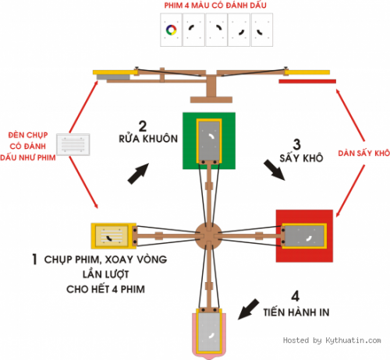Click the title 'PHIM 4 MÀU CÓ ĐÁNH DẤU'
[x=215, y=5]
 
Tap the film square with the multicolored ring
[x=171, y=30]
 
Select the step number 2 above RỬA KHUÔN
[x=143, y=126]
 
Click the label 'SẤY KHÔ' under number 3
[x=301, y=157]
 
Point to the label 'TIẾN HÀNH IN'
[x=296, y=312]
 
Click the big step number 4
[x=296, y=296]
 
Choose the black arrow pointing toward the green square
[x=138, y=174]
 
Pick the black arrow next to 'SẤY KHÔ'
[x=275, y=170]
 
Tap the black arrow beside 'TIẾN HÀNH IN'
[x=249, y=309]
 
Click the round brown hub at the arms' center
[x=208, y=236]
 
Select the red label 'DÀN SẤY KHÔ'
[x=363, y=154]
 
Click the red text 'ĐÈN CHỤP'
[x=28, y=135]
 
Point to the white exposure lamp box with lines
[x=73, y=144]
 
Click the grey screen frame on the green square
[x=209, y=141]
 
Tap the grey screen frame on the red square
[x=304, y=236]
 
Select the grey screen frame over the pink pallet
[x=209, y=331]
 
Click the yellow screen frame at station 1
[x=114, y=235]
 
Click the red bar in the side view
[x=307, y=81]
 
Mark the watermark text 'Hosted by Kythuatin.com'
[x=332, y=341]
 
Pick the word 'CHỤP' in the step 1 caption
[x=58, y=259]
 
